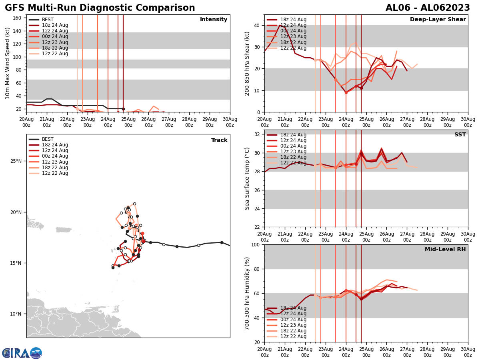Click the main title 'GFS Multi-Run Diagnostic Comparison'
[100, 8]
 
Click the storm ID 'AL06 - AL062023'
[428, 8]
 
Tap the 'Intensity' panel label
[214, 20]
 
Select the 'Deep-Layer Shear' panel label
[438, 20]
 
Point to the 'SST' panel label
[460, 135]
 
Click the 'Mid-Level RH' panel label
[445, 250]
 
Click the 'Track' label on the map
[219, 140]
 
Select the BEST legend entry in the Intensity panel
[48, 20]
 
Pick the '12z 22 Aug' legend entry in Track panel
[55, 173]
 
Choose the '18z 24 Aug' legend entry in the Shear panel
[293, 20]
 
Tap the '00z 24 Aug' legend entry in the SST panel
[293, 146]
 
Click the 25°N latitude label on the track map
[16, 161]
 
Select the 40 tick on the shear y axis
[256, 25]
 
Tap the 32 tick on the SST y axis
[256, 134]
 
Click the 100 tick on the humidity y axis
[255, 244]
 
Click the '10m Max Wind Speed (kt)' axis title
[8, 63]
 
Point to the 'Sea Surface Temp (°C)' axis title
[247, 178]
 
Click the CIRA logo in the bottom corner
[22, 353]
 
